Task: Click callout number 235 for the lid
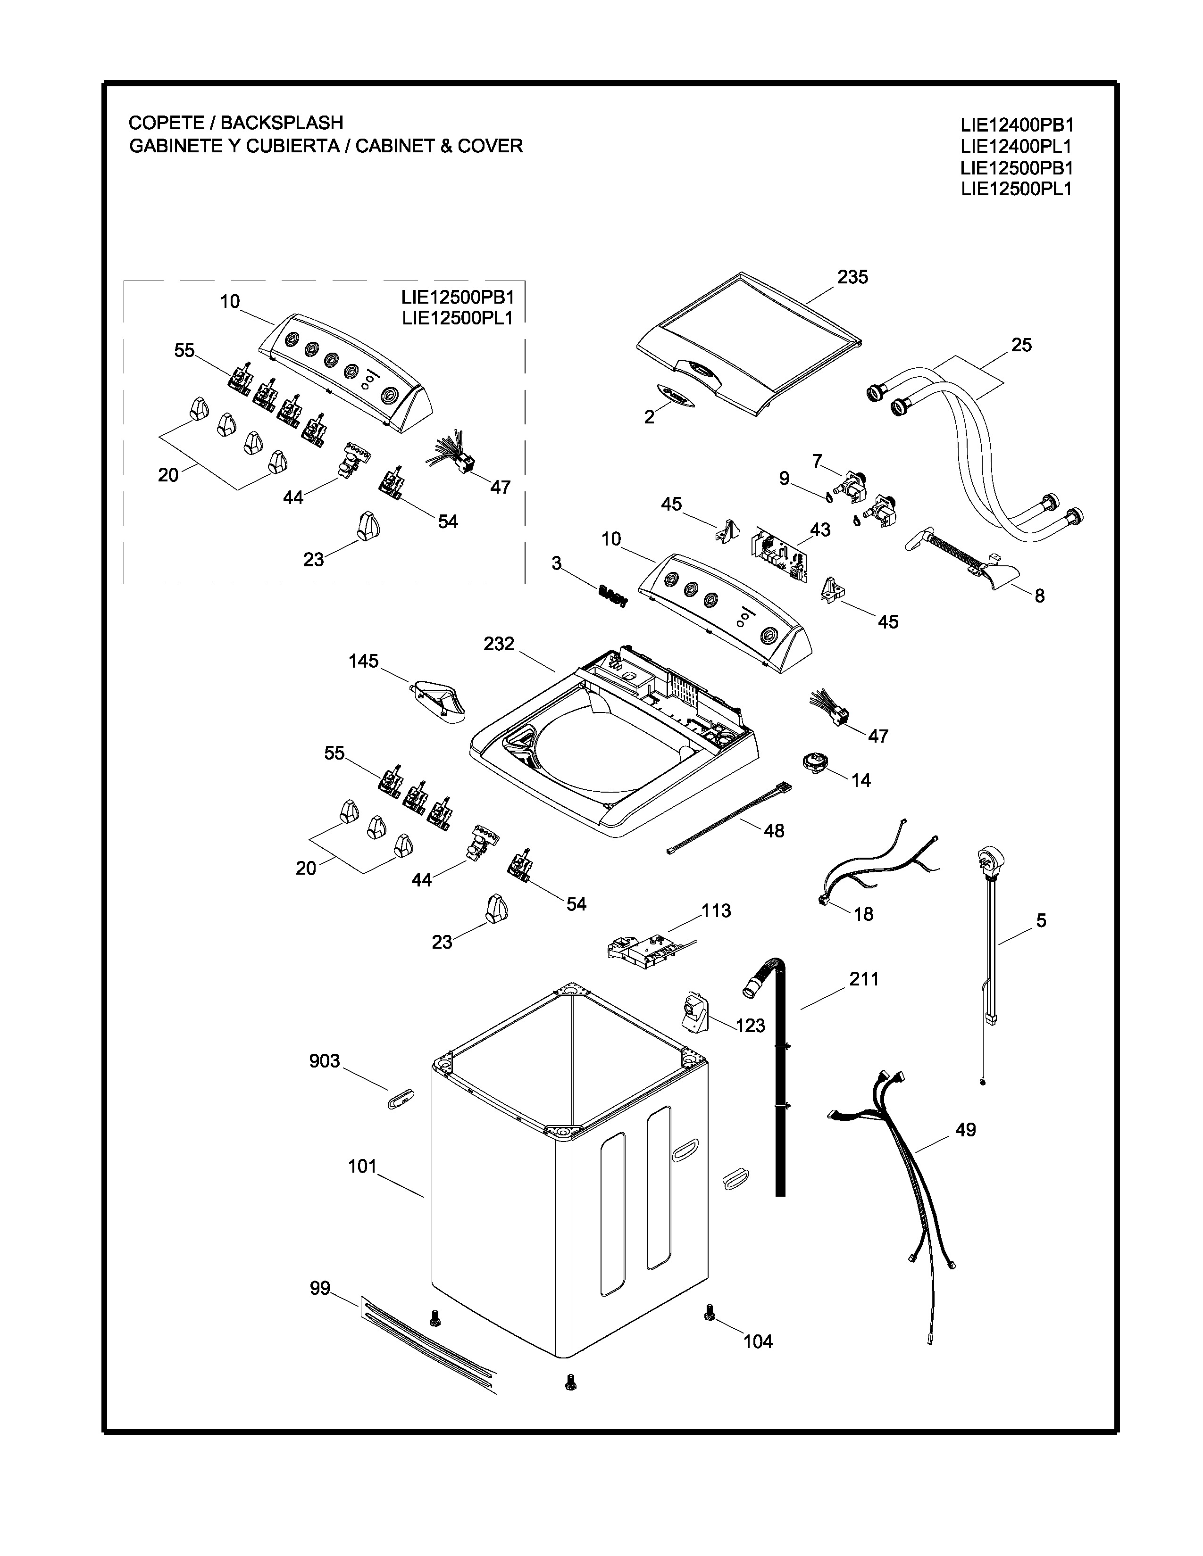click(x=852, y=277)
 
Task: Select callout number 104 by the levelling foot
click(x=758, y=1341)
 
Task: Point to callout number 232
click(x=498, y=644)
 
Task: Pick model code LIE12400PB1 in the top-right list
click(x=1016, y=125)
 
